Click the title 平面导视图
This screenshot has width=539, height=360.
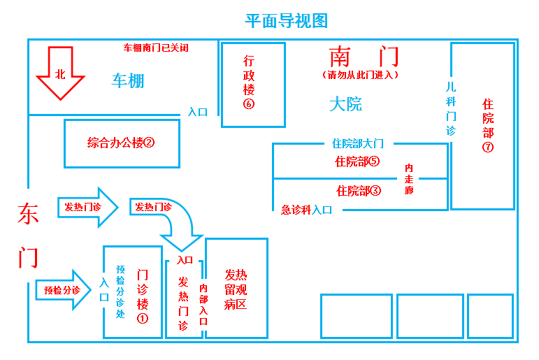[287, 20]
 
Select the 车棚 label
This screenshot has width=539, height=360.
[128, 80]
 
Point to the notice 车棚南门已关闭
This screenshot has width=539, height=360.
[156, 48]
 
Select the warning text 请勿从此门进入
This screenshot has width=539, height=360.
[361, 74]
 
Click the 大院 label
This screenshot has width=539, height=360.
[345, 105]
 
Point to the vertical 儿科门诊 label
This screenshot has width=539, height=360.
[451, 108]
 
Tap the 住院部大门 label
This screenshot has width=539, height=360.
[358, 144]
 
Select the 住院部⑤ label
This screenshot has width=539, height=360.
[357, 161]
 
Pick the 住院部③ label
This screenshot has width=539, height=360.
[358, 190]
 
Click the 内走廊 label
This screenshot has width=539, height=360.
[409, 178]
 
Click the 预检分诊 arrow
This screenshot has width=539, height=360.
[63, 289]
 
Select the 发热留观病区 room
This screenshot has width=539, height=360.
[236, 289]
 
